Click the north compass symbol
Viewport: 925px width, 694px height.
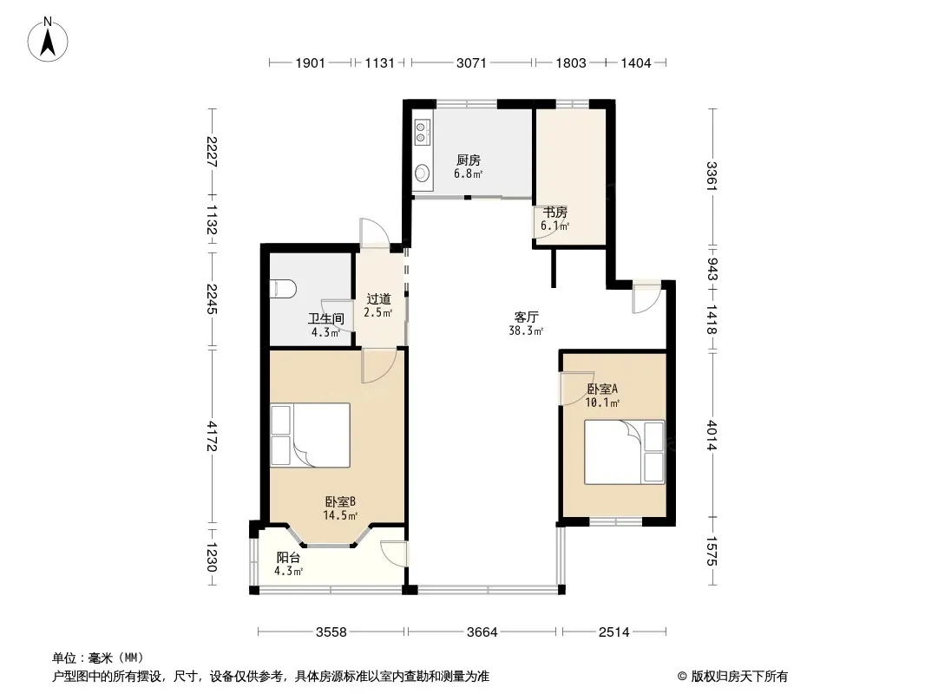48,40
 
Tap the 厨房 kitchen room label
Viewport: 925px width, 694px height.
469,160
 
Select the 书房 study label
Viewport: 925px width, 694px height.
555,212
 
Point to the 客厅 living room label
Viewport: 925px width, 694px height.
526,317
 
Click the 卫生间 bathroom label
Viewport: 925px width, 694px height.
325,319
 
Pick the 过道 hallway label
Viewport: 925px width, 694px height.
378,299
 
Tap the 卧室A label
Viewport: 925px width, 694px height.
602,390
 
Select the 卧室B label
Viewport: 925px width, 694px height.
340,501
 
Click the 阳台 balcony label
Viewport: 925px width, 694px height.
288,557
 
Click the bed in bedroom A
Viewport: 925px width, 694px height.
625,452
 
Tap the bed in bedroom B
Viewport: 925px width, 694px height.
311,435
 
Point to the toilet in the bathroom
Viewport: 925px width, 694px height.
283,289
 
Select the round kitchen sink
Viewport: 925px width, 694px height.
422,173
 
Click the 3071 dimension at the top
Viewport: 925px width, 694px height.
471,62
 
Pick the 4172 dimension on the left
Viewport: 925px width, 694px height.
213,435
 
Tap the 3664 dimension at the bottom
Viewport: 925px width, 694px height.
482,632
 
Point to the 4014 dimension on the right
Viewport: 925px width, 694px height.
712,435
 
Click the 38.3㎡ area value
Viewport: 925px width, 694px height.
526,331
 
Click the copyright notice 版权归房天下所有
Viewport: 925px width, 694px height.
732,677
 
